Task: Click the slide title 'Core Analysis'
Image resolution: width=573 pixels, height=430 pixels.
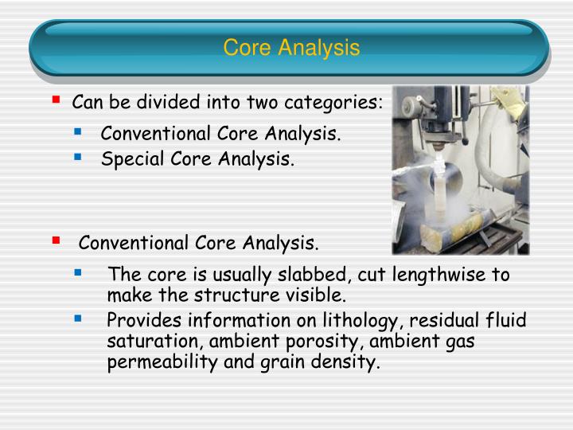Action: coord(291,48)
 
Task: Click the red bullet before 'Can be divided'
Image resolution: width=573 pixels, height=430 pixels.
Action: coord(56,101)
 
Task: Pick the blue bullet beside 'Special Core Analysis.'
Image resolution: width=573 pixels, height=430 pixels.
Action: coord(78,158)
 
